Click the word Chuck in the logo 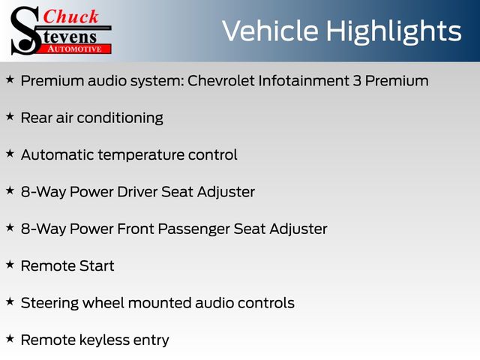[70, 16]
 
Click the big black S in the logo [25, 31]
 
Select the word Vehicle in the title [270, 31]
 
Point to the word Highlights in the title [394, 32]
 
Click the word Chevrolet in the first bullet [221, 81]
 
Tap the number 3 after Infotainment [357, 81]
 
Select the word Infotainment [304, 81]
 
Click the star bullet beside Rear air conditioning [10, 116]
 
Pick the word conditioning [120, 118]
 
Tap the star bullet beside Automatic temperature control [10, 153]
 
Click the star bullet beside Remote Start [10, 265]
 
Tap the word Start [97, 266]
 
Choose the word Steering [49, 304]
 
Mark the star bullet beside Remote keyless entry [10, 338]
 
